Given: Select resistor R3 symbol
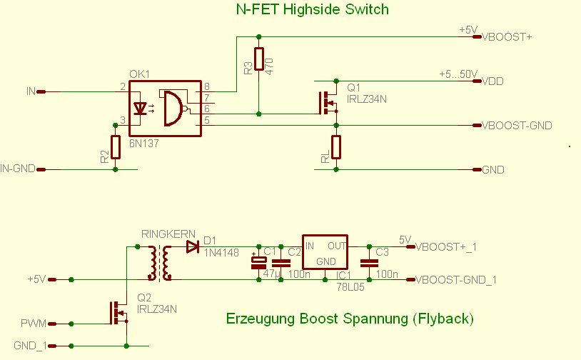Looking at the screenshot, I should (258, 60).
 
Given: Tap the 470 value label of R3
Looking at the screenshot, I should (269, 66).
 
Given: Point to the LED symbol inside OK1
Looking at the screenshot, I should (141, 109).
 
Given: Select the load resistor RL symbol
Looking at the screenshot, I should (336, 147).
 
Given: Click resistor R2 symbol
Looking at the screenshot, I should (114, 147).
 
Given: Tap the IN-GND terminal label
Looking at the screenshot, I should (17, 169).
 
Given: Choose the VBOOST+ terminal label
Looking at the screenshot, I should (508, 36).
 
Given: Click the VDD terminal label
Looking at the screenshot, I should (493, 81).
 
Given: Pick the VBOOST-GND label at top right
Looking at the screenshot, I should (517, 126).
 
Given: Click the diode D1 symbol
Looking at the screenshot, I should (192, 247).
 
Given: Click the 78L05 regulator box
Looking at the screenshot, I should (325, 254).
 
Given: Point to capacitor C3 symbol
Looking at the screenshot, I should (368, 263).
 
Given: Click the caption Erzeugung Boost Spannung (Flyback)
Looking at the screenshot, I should (349, 318).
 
